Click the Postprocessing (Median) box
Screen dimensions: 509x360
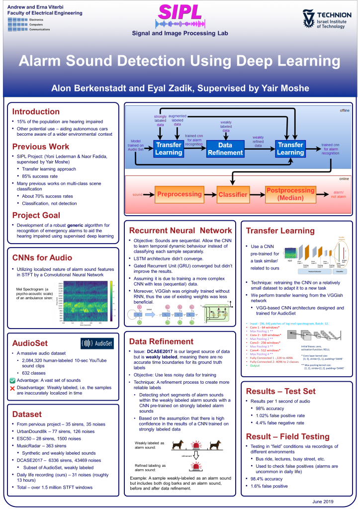click(x=290, y=194)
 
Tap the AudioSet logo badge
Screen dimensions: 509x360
click(x=97, y=343)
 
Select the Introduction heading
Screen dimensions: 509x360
click(x=36, y=111)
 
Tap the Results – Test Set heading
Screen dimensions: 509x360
click(x=281, y=391)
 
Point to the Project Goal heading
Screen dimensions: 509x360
click(x=36, y=215)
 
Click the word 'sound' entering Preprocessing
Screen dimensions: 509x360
click(x=137, y=194)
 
